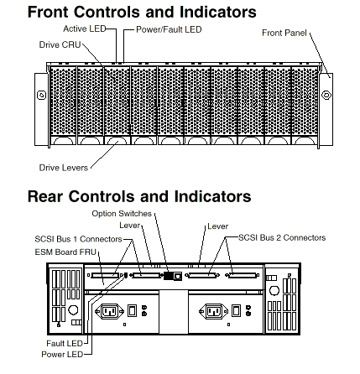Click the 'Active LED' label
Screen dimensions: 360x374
(85, 29)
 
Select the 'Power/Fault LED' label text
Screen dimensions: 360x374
(169, 29)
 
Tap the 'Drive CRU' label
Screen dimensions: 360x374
(60, 44)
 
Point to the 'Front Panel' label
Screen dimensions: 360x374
(284, 33)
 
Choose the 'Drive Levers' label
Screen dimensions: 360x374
(64, 168)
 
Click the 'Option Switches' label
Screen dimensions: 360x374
(122, 214)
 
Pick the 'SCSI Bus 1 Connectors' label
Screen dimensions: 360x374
(78, 239)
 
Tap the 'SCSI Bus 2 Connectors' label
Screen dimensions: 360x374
(282, 238)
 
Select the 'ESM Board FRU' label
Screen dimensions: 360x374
(65, 252)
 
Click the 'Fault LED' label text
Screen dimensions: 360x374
(65, 343)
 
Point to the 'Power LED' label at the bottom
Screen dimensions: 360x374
(62, 355)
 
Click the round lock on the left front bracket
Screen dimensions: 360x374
(41, 96)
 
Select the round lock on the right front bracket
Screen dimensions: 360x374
(326, 95)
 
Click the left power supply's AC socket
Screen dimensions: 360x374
(109, 311)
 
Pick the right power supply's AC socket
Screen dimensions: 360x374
(213, 311)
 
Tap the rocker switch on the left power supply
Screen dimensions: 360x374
(132, 310)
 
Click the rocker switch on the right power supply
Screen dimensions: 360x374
(237, 310)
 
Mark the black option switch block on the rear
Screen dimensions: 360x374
(168, 276)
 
